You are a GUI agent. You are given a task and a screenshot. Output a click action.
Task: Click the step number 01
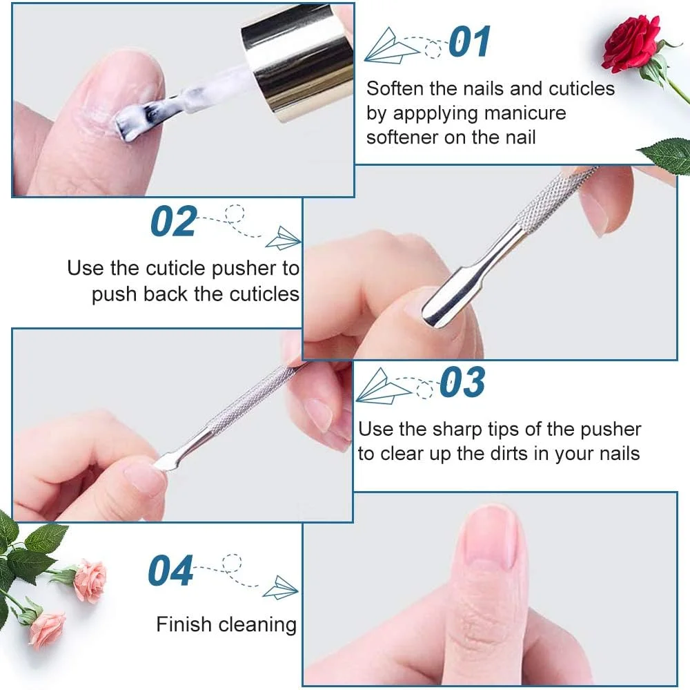(469, 41)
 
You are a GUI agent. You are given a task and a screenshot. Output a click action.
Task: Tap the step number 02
(173, 221)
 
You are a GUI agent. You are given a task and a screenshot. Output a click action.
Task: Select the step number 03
(462, 382)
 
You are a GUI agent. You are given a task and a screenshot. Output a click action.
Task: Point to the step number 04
(170, 571)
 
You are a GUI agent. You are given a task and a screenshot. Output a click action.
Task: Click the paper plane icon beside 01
(391, 46)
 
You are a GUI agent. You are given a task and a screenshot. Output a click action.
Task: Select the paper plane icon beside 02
(284, 238)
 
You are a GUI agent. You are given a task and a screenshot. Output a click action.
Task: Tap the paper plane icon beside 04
(281, 587)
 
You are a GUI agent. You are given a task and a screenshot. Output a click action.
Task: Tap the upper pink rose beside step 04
(90, 580)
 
